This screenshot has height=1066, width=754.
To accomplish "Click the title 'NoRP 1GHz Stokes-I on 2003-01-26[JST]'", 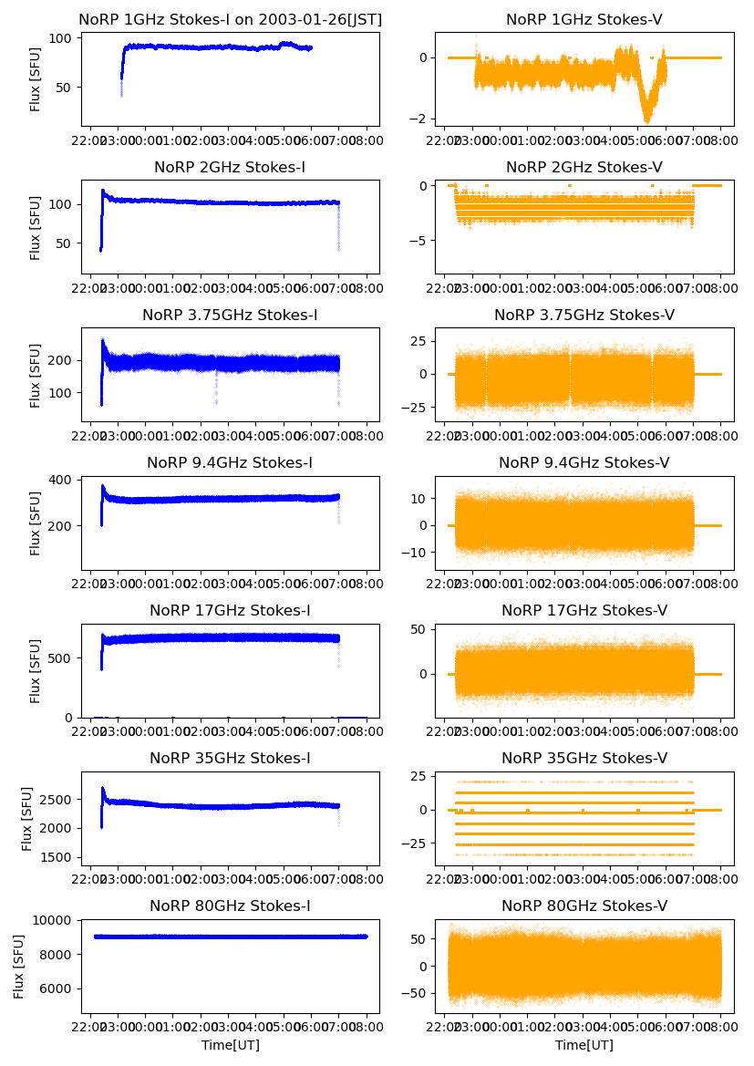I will point(230,19).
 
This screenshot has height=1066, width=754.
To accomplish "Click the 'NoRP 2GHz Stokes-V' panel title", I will point(584,167).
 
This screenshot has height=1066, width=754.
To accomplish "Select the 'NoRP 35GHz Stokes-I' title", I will point(230,758).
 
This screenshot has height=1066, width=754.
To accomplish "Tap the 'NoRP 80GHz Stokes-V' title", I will point(584,906).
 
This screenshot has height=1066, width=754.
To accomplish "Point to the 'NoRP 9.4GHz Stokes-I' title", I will point(230,462).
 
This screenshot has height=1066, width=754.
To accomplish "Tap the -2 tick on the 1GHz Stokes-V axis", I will point(418,119).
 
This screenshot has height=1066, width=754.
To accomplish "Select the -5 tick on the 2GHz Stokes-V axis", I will point(418,240).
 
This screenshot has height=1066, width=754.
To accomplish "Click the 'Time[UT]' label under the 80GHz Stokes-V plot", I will point(584,1045).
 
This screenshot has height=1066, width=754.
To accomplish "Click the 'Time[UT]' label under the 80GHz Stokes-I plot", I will point(230,1045).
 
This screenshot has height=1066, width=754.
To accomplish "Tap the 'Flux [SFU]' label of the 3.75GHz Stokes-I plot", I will point(36,374).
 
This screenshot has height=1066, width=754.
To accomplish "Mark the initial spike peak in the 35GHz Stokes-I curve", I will point(103,789).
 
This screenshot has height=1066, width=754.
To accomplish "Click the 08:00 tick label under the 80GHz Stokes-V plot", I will point(720,1028).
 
